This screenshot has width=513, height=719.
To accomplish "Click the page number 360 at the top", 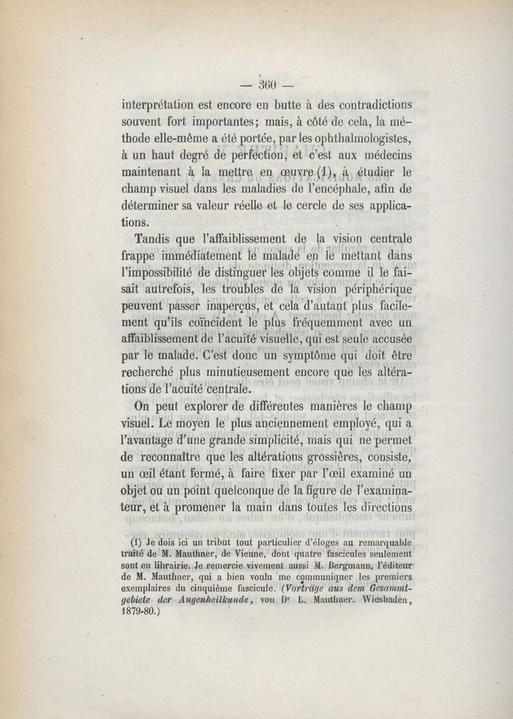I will (x=265, y=84).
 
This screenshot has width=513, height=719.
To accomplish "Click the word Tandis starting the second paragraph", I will (x=153, y=239).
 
